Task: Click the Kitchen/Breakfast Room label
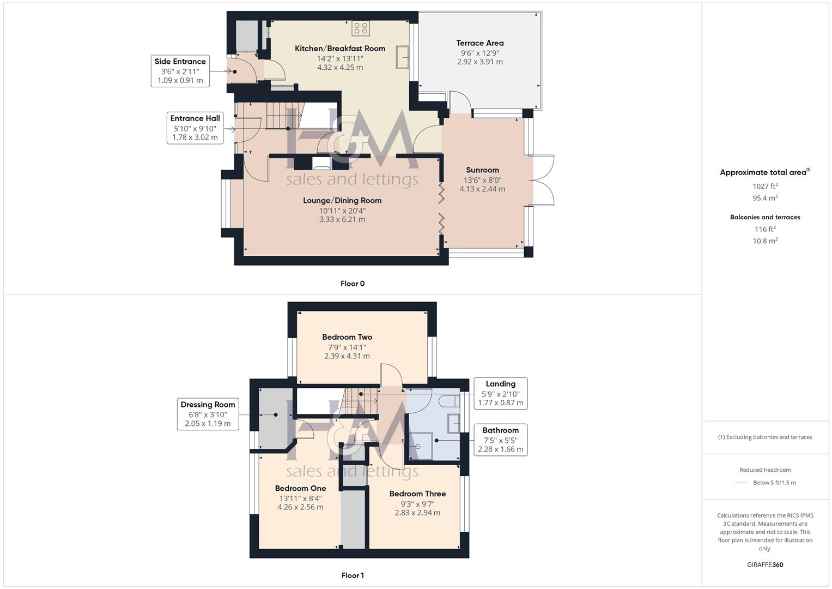tap(340, 49)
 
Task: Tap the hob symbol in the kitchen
tap(361, 28)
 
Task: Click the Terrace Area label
tap(479, 43)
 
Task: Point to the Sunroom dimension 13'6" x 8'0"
tap(482, 180)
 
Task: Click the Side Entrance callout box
tap(180, 71)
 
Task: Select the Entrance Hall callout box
tap(195, 128)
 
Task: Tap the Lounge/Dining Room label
tap(342, 200)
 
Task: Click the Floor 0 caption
tap(353, 284)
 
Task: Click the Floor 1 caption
tap(353, 575)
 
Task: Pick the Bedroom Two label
tap(347, 337)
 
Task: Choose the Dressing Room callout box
tap(208, 414)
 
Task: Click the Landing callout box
tap(500, 393)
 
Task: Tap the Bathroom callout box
tap(500, 440)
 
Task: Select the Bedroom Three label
tap(417, 494)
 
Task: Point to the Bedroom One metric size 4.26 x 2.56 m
tap(300, 507)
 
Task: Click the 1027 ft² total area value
tap(765, 186)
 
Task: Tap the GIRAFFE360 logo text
tap(765, 564)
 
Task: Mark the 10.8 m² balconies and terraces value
tap(765, 241)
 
